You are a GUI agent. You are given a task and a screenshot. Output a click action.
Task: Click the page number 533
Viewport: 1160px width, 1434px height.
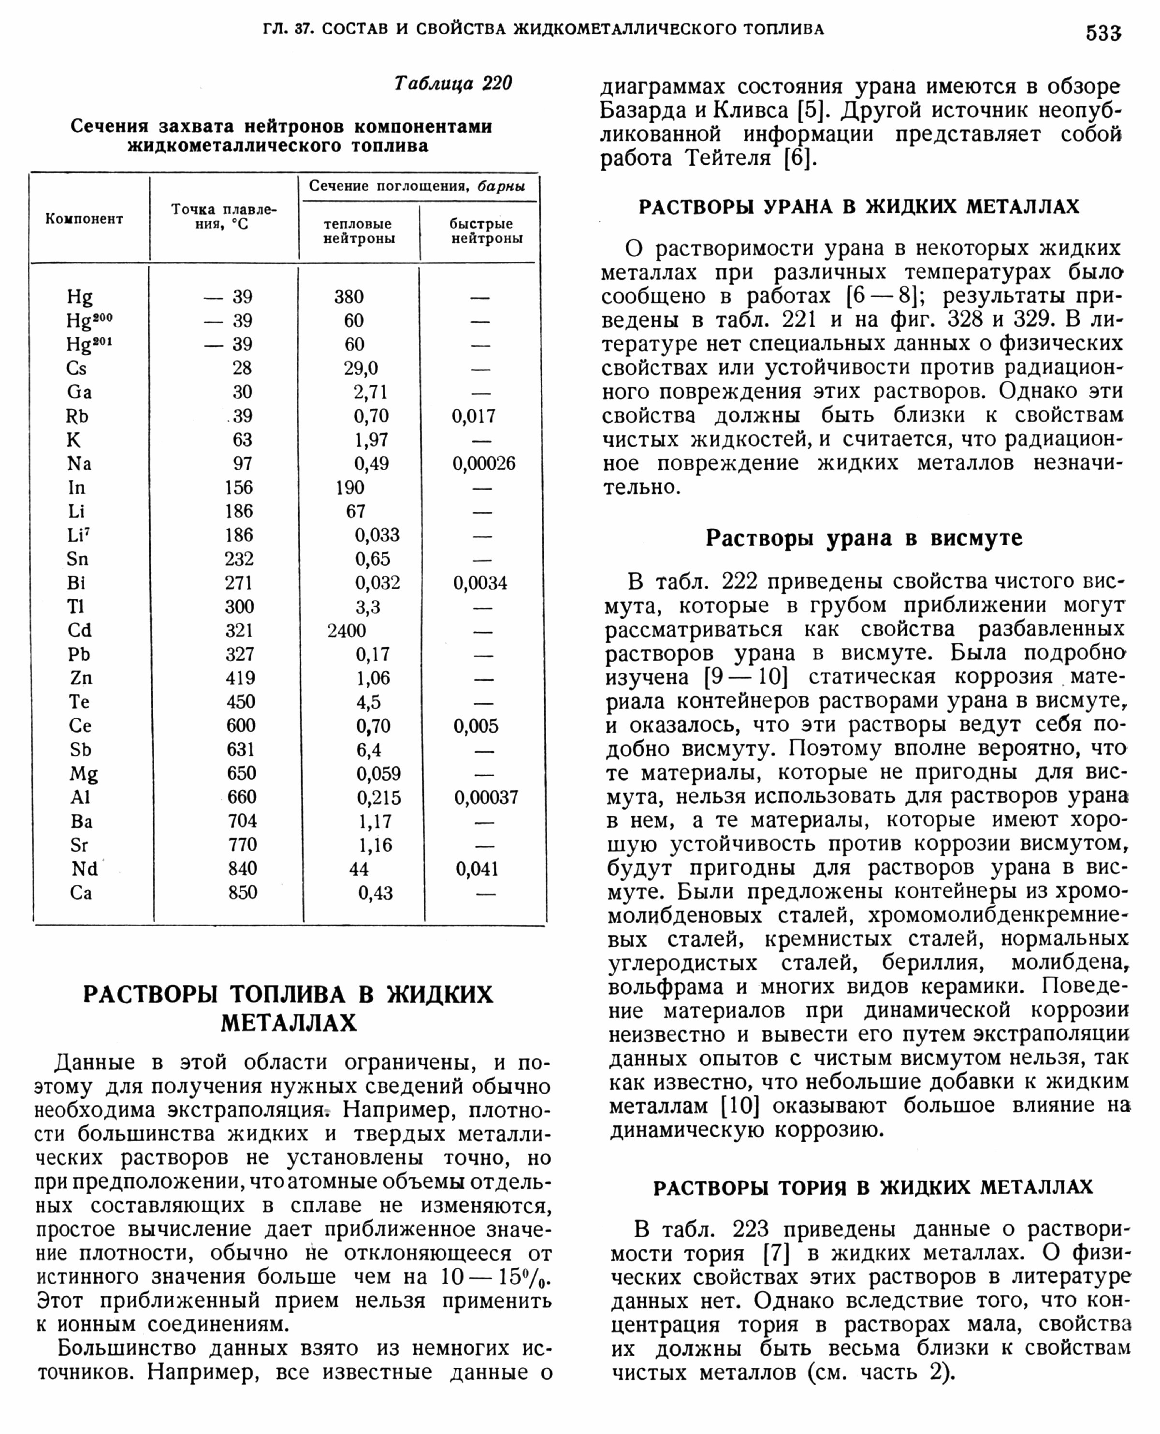1102,32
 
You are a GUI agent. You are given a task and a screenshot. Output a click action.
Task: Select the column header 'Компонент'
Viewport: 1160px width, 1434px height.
84,218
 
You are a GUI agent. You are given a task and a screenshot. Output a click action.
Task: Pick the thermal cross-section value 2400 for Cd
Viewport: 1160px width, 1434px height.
347,630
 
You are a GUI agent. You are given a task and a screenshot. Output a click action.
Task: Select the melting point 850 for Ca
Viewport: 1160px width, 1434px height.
243,892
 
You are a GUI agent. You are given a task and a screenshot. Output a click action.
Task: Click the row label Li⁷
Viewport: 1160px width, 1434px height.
78,535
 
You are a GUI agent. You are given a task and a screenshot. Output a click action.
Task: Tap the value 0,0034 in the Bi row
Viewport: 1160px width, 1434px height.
480,583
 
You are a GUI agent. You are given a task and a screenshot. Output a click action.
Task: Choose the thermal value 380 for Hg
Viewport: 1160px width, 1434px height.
349,297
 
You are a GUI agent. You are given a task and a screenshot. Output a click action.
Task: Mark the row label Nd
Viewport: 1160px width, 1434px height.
85,869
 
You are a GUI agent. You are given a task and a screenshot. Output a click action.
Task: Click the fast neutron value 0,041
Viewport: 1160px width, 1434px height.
477,869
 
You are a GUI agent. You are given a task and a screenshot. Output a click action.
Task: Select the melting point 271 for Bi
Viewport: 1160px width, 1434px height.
239,583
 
